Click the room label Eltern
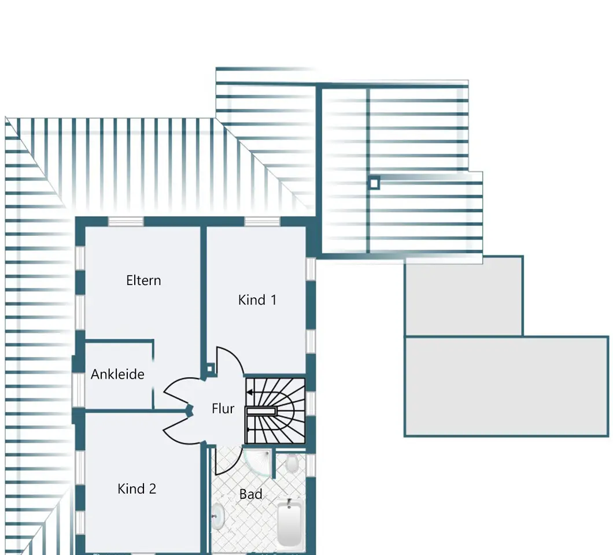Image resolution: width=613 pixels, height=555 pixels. pyautogui.click(x=143, y=280)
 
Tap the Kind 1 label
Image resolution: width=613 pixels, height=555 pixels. pyautogui.click(x=257, y=300)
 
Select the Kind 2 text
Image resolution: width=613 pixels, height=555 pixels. pyautogui.click(x=137, y=489)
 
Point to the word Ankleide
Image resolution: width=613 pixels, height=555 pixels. pyautogui.click(x=117, y=374)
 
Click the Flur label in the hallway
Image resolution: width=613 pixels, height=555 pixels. pyautogui.click(x=223, y=408)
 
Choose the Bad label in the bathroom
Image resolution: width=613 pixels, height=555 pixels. pyautogui.click(x=250, y=494)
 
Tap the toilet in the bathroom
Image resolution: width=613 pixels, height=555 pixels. pyautogui.click(x=291, y=463)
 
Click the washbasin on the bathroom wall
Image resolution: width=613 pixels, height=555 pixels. pyautogui.click(x=218, y=516)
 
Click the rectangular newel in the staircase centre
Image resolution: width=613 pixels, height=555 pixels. pyautogui.click(x=261, y=411)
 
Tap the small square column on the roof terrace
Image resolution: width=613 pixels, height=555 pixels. pyautogui.click(x=374, y=183)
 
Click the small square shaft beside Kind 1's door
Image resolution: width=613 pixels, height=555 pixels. pyautogui.click(x=209, y=369)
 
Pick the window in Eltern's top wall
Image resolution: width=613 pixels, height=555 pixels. pyautogui.click(x=126, y=221)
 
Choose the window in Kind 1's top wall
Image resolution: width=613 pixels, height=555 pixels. pyautogui.click(x=263, y=221)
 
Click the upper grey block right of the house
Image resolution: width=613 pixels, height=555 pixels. pyautogui.click(x=464, y=296)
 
